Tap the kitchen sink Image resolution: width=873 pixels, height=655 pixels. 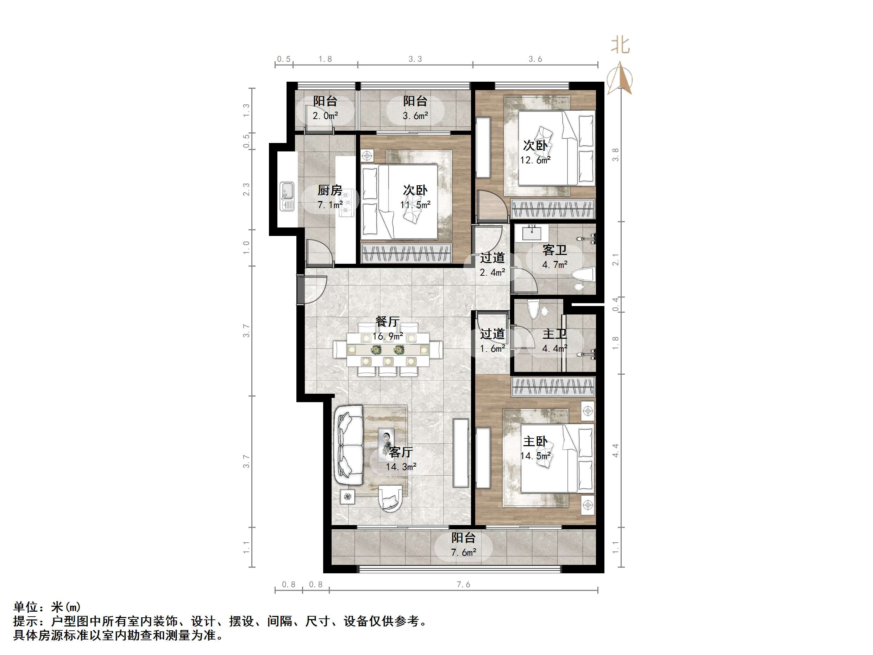[x=287, y=196]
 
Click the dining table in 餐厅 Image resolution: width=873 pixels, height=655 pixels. [x=388, y=349]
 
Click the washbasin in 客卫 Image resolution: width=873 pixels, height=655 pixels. [x=532, y=232]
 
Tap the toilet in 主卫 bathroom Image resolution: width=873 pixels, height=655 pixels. [x=534, y=310]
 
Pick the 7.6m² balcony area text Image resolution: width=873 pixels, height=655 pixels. [x=463, y=552]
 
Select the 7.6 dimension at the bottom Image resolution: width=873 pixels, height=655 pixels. [x=463, y=584]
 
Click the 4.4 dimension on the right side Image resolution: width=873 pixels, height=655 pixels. [x=615, y=450]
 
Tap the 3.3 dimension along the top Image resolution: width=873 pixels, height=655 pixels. [x=415, y=59]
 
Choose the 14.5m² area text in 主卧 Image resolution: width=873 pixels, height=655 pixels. [x=535, y=456]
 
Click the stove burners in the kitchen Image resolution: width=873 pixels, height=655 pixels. [x=346, y=203]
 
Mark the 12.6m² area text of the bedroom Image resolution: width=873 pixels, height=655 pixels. [x=535, y=160]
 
